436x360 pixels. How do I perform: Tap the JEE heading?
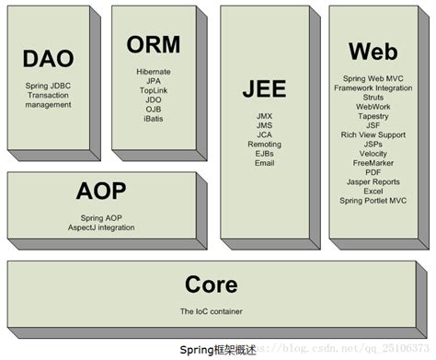[x=265, y=89]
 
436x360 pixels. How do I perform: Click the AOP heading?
[x=101, y=191]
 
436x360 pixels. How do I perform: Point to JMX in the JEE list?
[x=265, y=115]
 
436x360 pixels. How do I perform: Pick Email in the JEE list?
[x=265, y=164]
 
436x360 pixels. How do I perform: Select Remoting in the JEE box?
[x=265, y=145]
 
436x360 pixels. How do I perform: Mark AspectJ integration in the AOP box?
[x=101, y=226]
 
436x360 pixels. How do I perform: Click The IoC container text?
[x=211, y=310]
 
